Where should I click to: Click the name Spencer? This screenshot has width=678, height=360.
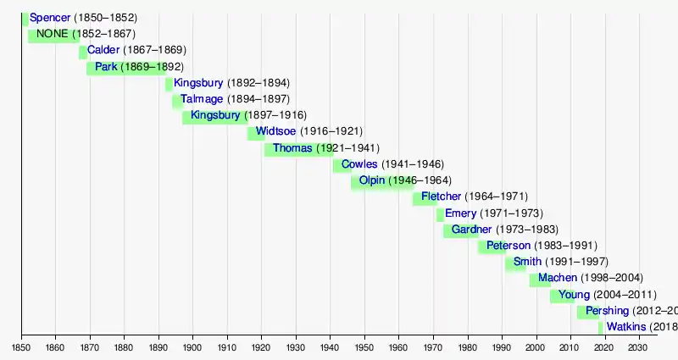50,18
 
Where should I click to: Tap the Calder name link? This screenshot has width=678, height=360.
103,51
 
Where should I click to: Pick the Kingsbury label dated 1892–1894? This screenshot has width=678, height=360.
198,83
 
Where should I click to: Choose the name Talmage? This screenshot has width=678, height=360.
200,99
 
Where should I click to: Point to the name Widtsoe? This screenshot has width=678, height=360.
275,132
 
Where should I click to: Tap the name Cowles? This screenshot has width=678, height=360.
359,164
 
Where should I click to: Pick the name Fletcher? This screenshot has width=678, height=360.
441,197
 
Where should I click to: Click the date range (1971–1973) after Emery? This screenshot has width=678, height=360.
512,213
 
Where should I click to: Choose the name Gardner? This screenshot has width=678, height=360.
471,230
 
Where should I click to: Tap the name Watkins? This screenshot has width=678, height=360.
626,327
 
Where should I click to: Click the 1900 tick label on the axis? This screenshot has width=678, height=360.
192,347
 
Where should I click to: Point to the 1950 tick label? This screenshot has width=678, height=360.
364,347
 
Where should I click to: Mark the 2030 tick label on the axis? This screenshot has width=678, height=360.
637,347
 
